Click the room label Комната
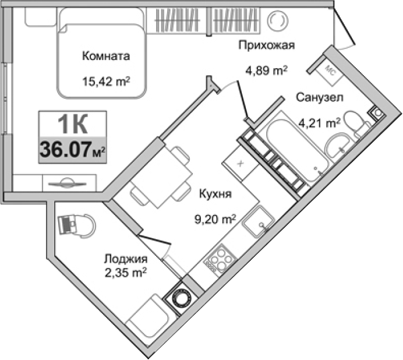click(105, 57)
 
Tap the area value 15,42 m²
click(105, 82)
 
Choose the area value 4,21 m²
click(319, 122)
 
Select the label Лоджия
click(125, 259)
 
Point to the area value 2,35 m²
click(126, 272)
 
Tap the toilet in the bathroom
click(356, 123)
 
